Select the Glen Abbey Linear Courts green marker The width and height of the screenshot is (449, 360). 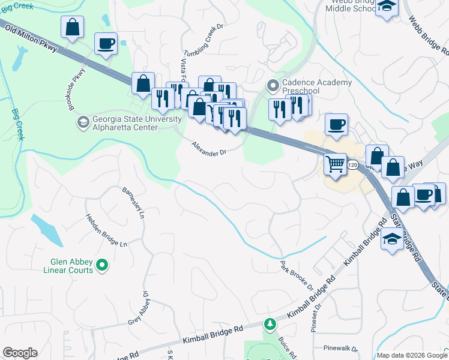pyautogui.click(x=102, y=264)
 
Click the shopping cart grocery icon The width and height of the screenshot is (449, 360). pyautogui.click(x=335, y=163)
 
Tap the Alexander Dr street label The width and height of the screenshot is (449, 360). pyautogui.click(x=208, y=148)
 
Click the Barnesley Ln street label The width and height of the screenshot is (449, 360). pyautogui.click(x=134, y=201)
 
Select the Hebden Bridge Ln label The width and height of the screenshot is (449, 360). pyautogui.click(x=106, y=231)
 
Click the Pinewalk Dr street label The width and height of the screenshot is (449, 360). pyautogui.click(x=340, y=348)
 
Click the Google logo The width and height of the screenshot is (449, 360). pyautogui.click(x=20, y=353)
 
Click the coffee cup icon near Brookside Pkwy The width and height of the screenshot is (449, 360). pyautogui.click(x=106, y=44)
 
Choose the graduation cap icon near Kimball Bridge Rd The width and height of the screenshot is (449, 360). pyautogui.click(x=392, y=239)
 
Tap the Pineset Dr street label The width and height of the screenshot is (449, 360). pyautogui.click(x=317, y=317)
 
